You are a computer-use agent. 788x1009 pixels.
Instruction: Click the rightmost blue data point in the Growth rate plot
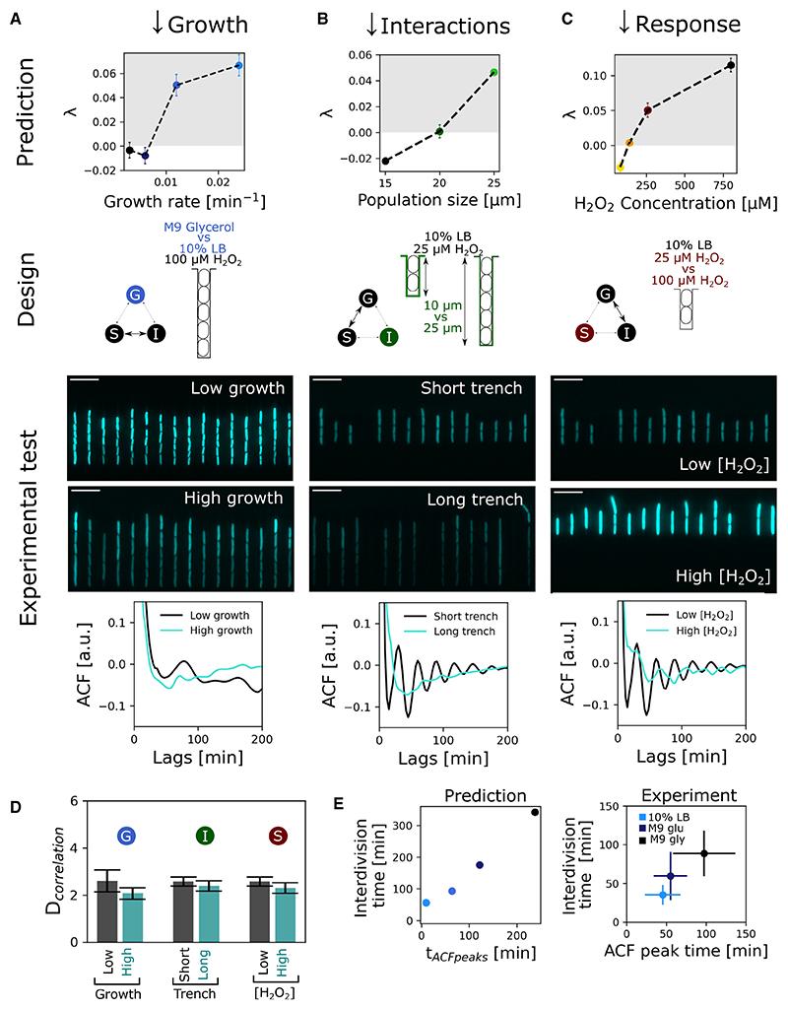(238, 65)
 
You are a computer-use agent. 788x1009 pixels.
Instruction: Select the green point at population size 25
(493, 72)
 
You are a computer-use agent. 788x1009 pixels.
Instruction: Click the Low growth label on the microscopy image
(235, 389)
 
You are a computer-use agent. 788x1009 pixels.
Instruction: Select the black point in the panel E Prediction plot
(535, 812)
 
